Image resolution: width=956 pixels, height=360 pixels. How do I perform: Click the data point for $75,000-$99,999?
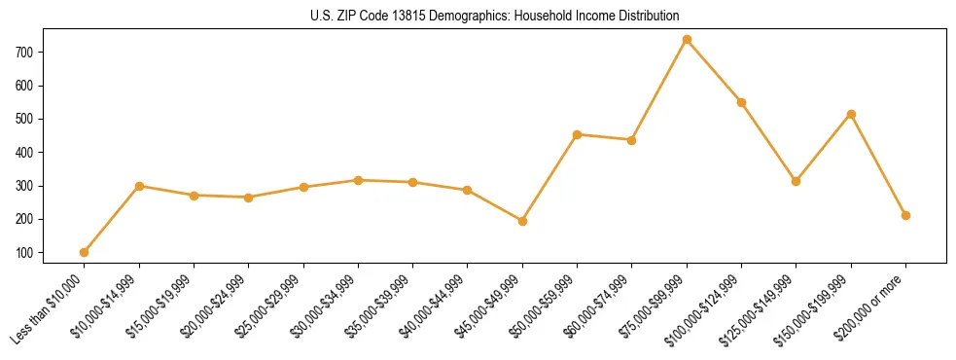687,40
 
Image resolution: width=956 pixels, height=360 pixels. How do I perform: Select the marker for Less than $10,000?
84,252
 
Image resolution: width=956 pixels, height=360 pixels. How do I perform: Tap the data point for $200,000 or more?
905,215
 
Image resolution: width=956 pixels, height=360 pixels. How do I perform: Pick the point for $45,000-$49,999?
522,221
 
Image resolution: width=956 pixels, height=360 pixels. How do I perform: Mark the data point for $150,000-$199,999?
851,114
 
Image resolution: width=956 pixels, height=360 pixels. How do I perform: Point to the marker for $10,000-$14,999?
139,186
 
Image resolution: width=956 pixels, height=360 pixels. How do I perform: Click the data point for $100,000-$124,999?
741,102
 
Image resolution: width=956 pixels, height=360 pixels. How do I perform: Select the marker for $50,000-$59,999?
577,134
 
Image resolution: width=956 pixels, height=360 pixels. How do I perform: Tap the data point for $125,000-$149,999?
796,181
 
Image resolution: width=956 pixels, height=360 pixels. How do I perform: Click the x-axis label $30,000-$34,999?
326,306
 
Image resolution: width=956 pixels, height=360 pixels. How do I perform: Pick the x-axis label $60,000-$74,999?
599,306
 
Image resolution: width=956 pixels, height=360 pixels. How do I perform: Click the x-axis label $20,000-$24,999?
216,306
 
